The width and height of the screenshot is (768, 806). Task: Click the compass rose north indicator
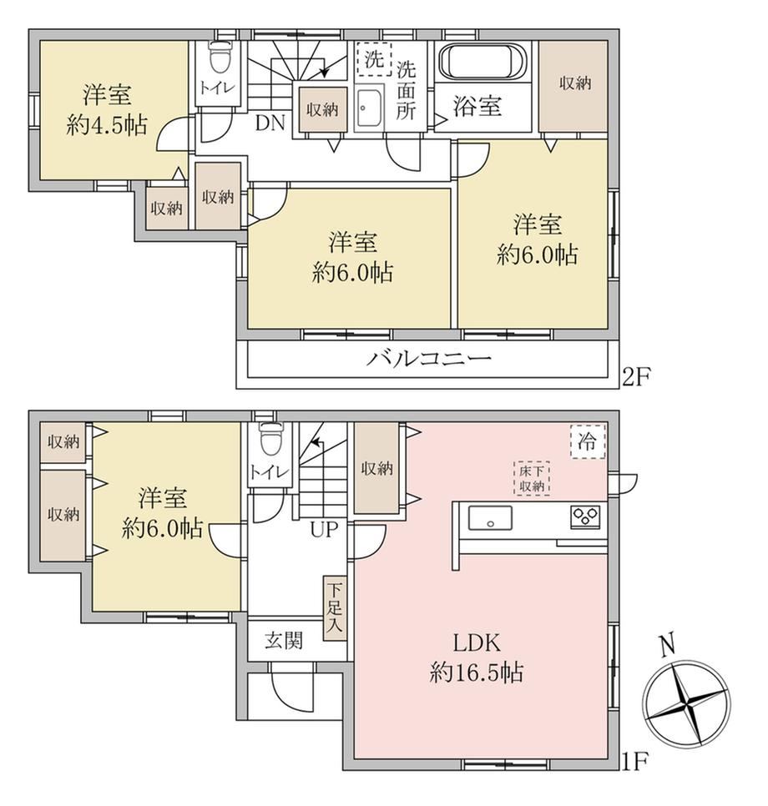(667, 646)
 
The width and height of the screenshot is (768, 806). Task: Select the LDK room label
(477, 643)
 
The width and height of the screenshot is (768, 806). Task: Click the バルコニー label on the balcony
(428, 358)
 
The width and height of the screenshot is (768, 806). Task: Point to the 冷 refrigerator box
(588, 441)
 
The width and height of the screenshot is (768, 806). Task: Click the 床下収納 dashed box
(532, 479)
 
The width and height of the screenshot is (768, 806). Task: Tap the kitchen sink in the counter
(490, 517)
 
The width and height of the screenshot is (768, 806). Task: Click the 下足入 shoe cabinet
(335, 608)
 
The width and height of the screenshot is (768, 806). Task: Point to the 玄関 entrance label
(284, 641)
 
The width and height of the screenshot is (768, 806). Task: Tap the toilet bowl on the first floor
(271, 437)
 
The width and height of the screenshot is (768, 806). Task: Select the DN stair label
(270, 123)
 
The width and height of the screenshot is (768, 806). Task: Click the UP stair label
(324, 529)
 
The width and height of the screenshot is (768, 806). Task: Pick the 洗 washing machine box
(374, 59)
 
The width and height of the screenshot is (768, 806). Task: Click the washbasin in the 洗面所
(369, 108)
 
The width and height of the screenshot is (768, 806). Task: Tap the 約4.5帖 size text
(107, 125)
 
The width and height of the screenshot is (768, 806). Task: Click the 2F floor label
(637, 378)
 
